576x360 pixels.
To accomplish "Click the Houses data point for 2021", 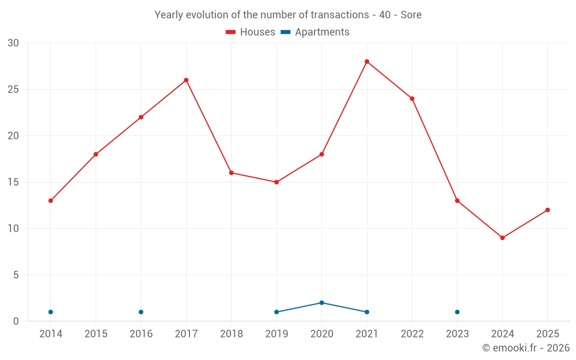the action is click(x=367, y=62).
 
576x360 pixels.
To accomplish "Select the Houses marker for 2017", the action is click(x=186, y=80).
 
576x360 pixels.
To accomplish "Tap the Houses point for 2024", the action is click(x=502, y=238).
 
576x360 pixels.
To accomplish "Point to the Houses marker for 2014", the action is click(x=51, y=200).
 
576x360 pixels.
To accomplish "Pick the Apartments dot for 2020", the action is click(x=322, y=303).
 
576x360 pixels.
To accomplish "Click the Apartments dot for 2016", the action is click(x=141, y=312).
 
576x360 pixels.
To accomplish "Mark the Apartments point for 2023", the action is click(x=457, y=312).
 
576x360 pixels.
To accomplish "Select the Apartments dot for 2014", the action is click(x=51, y=312).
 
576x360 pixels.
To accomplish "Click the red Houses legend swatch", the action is click(x=231, y=32).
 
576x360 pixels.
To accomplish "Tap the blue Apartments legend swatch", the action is click(x=286, y=32).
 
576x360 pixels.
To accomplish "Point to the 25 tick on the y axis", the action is click(x=13, y=89).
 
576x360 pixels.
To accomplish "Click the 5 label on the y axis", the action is click(x=16, y=275).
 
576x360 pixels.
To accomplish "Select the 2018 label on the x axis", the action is click(x=232, y=334).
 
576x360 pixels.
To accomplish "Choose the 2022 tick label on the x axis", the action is click(x=412, y=334).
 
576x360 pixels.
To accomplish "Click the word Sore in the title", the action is click(x=411, y=15).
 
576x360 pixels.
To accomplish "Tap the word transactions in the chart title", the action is click(x=340, y=15).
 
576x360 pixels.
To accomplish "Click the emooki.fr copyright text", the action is click(x=526, y=347).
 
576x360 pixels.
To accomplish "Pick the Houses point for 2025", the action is click(x=548, y=210).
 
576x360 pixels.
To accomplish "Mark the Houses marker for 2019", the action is click(x=276, y=182).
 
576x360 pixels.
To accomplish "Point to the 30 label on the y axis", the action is click(x=13, y=43).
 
